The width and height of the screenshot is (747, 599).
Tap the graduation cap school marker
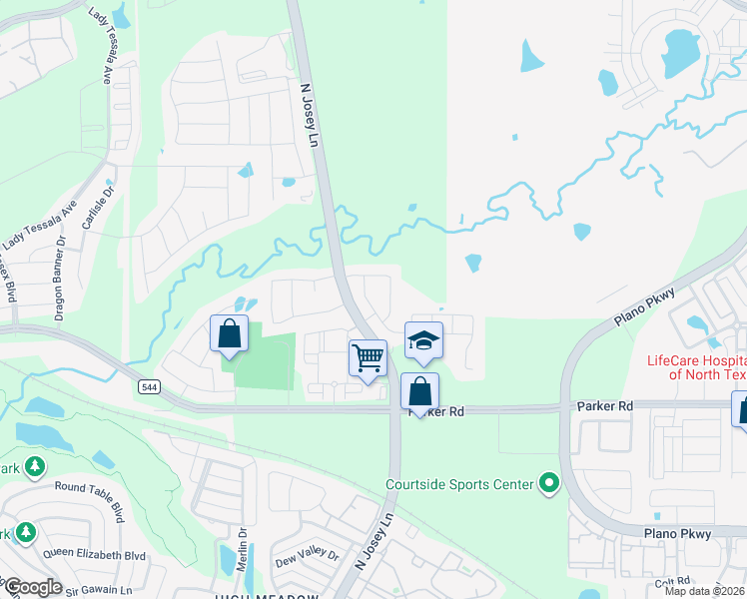coord(424,341)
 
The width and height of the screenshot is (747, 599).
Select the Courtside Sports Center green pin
coord(548,485)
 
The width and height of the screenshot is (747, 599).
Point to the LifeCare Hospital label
coord(696,367)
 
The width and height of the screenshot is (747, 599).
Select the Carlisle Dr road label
coord(94,207)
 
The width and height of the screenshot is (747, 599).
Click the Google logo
coord(33,586)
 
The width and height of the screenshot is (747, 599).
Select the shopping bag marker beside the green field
coord(230,334)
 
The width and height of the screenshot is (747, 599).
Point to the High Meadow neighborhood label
coord(263,595)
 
